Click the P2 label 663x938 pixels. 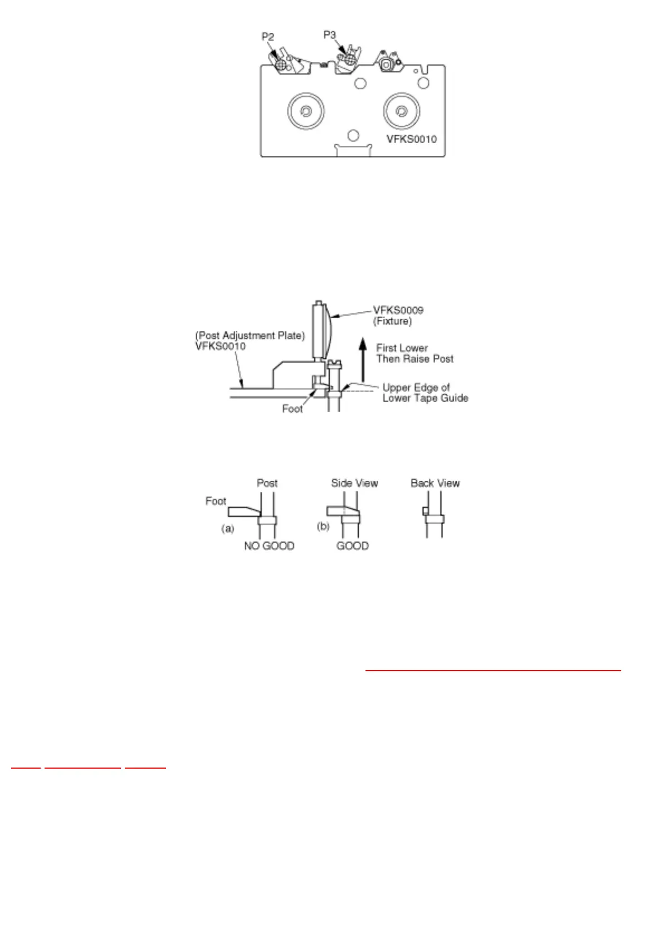pos(268,37)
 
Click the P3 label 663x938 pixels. pos(330,35)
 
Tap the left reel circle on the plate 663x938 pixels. pos(305,111)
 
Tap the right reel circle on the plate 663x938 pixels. pos(401,111)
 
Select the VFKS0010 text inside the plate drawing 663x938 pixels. pos(412,139)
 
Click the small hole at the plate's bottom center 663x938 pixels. pos(352,135)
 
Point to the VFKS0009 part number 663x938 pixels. pos(398,310)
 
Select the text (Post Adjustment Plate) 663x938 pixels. pos(250,335)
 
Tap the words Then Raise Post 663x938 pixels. pos(415,359)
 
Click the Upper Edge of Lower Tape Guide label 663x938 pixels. pos(425,393)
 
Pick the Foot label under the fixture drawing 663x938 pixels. pos(292,409)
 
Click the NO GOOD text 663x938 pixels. pos(269,546)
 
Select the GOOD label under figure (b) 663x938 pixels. pos(352,546)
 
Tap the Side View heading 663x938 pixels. pos(354,483)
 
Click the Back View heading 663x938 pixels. pos(435,483)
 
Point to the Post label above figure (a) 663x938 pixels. pos(267,483)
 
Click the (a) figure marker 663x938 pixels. pos(228,528)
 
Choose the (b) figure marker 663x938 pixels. pos(323,526)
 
